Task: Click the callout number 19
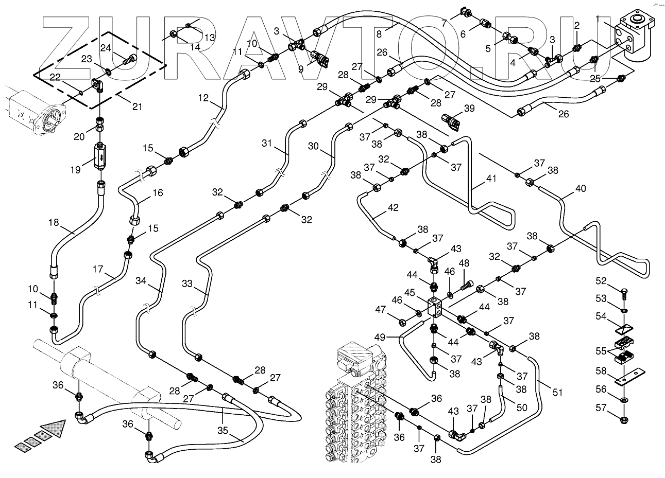click(x=75, y=170)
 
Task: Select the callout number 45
click(x=410, y=293)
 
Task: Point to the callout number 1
click(x=598, y=19)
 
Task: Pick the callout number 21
click(x=137, y=107)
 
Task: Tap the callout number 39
click(x=469, y=108)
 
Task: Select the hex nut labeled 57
click(x=624, y=420)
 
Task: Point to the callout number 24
click(x=106, y=48)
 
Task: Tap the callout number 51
click(x=557, y=392)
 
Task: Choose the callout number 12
click(x=203, y=98)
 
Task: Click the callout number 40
click(x=581, y=188)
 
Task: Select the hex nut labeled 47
click(x=402, y=321)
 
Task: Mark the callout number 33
click(x=187, y=284)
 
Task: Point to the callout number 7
click(x=444, y=23)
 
